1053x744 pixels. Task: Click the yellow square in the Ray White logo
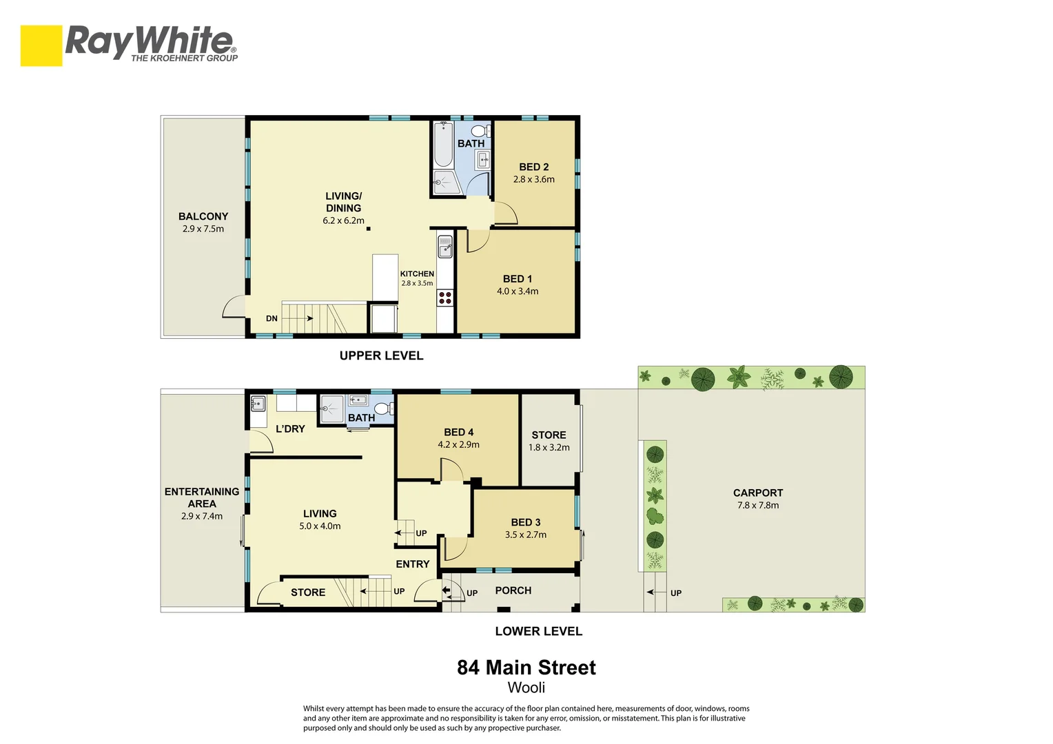[x=41, y=45]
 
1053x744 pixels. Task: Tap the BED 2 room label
[x=533, y=167]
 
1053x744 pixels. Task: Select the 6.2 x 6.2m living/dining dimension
[x=343, y=220]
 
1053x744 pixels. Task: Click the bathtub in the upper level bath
[x=443, y=144]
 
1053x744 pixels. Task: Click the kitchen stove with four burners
[x=445, y=298]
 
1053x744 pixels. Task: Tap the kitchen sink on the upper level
[x=445, y=246]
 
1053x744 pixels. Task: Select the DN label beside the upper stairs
[x=272, y=318]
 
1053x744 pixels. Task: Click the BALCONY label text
[x=203, y=216]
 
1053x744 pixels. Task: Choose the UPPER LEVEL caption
[x=381, y=355]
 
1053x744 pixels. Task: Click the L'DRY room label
[x=290, y=428]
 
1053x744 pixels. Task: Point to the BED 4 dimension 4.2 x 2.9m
[x=458, y=444]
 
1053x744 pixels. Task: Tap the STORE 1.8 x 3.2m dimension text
[x=549, y=447]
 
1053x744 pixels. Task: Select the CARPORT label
[x=757, y=493]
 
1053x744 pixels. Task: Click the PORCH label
[x=513, y=590]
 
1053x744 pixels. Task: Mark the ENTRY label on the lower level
[x=412, y=564]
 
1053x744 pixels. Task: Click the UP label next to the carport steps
[x=676, y=592]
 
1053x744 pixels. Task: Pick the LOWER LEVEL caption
[x=538, y=631]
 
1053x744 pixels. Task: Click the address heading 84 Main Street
[x=526, y=668]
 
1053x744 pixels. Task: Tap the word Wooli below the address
[x=526, y=688]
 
